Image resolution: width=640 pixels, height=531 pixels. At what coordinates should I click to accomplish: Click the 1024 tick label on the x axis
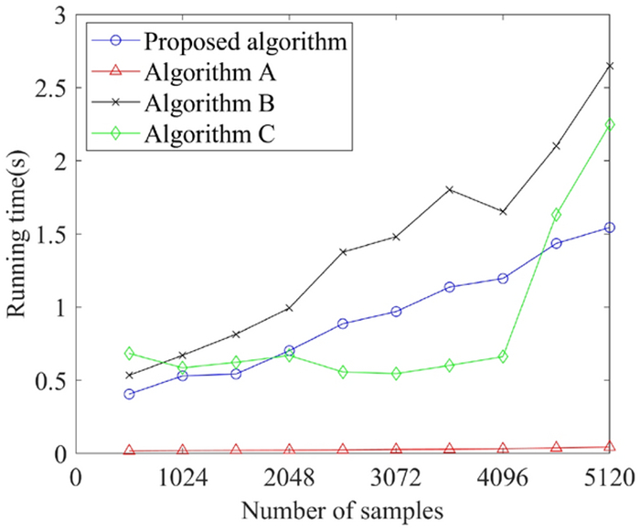pyautogui.click(x=183, y=478)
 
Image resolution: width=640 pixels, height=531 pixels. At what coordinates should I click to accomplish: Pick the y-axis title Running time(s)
pyautogui.click(x=18, y=233)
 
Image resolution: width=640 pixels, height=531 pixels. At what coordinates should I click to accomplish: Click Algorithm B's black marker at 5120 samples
pyautogui.click(x=610, y=66)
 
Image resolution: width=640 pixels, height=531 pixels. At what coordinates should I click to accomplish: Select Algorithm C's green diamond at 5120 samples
pyautogui.click(x=610, y=125)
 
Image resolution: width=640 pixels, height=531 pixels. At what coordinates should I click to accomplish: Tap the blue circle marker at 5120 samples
pyautogui.click(x=610, y=228)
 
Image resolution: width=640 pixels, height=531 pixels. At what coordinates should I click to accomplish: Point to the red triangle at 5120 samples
pyautogui.click(x=610, y=447)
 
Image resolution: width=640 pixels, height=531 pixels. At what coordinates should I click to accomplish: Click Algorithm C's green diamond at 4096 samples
pyautogui.click(x=503, y=356)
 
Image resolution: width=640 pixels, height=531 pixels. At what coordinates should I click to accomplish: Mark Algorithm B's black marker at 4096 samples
pyautogui.click(x=503, y=211)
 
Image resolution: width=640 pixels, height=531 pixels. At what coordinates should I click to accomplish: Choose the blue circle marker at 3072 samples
pyautogui.click(x=396, y=312)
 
